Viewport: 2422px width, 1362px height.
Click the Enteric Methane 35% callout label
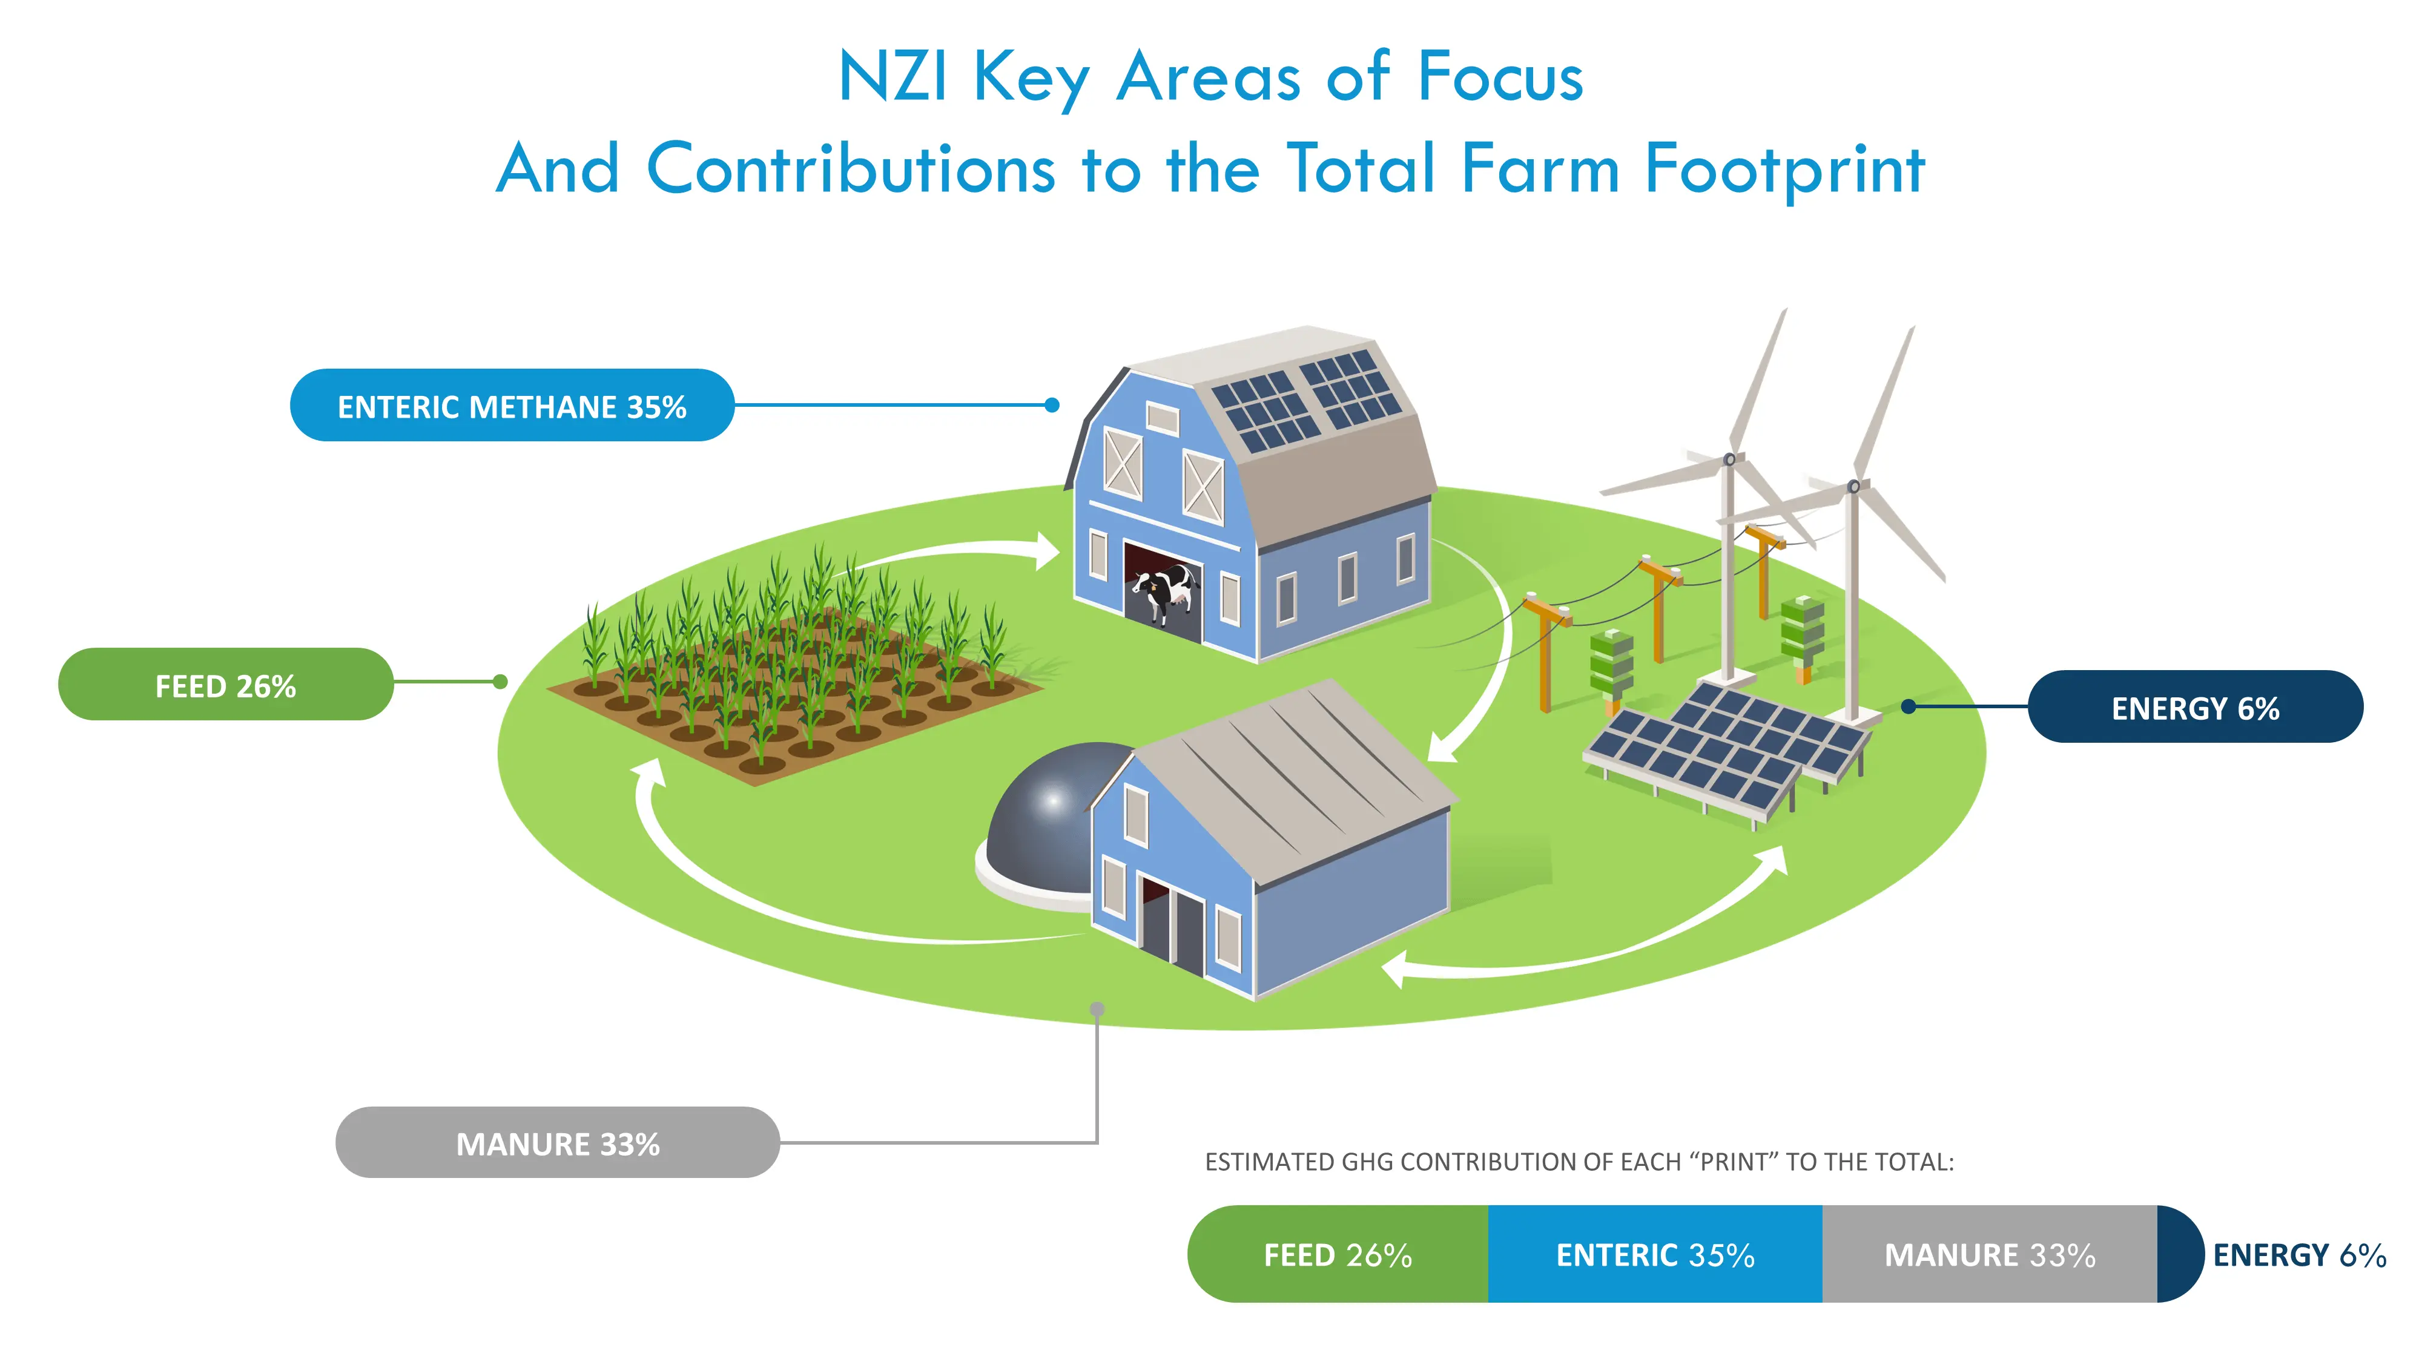click(512, 406)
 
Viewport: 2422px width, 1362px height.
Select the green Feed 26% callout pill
click(226, 685)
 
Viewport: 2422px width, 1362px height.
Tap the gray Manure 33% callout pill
click(558, 1143)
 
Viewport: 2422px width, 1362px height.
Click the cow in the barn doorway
click(1166, 592)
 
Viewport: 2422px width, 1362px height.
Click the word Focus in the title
click(1500, 77)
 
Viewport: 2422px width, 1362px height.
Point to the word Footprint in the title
click(1784, 169)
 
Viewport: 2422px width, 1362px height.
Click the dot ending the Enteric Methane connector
click(1052, 405)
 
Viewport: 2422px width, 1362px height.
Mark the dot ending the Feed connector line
click(500, 682)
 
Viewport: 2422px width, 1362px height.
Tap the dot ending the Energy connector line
click(1909, 706)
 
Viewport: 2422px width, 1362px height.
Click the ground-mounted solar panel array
click(1725, 747)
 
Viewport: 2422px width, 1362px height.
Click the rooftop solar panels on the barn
click(1307, 400)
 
